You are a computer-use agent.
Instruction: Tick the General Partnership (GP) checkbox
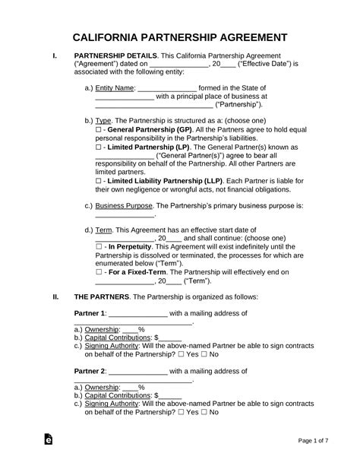pos(99,130)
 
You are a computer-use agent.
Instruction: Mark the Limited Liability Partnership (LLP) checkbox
pos(99,191)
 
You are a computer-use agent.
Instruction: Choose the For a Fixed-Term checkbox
pos(99,293)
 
